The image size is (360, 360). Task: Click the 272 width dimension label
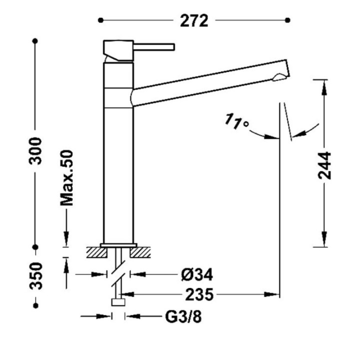(x=194, y=20)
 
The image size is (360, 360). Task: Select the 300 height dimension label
(x=35, y=151)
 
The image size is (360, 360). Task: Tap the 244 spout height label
(x=324, y=165)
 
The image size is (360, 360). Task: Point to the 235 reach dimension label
(x=199, y=294)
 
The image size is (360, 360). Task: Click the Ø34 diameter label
(x=197, y=274)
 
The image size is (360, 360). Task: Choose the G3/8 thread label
(x=183, y=317)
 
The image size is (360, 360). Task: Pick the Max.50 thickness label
(x=66, y=177)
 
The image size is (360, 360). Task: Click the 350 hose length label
(x=36, y=276)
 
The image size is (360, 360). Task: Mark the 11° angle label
(x=236, y=121)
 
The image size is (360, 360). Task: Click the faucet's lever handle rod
(x=154, y=47)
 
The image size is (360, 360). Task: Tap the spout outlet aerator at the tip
(x=278, y=77)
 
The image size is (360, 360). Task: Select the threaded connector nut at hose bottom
(x=118, y=302)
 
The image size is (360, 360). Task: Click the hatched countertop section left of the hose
(x=97, y=252)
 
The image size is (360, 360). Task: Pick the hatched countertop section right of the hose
(x=140, y=252)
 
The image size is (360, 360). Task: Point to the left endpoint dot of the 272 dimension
(x=100, y=20)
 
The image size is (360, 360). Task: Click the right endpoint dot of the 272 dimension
(x=287, y=20)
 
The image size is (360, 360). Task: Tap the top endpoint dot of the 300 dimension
(x=35, y=41)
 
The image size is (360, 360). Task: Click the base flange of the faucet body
(x=118, y=245)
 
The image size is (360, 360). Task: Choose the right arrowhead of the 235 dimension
(x=271, y=294)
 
